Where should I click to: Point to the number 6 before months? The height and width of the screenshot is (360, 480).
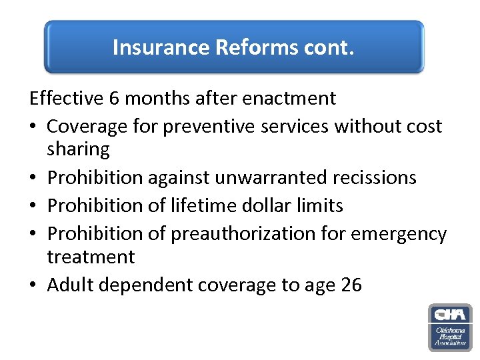pos(114,99)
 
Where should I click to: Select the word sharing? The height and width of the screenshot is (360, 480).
pos(78,149)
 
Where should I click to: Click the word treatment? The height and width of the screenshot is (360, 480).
pos(91,257)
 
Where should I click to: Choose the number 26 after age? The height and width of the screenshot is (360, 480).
pos(351,285)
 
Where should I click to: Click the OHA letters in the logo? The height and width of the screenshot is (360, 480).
pos(449,315)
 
